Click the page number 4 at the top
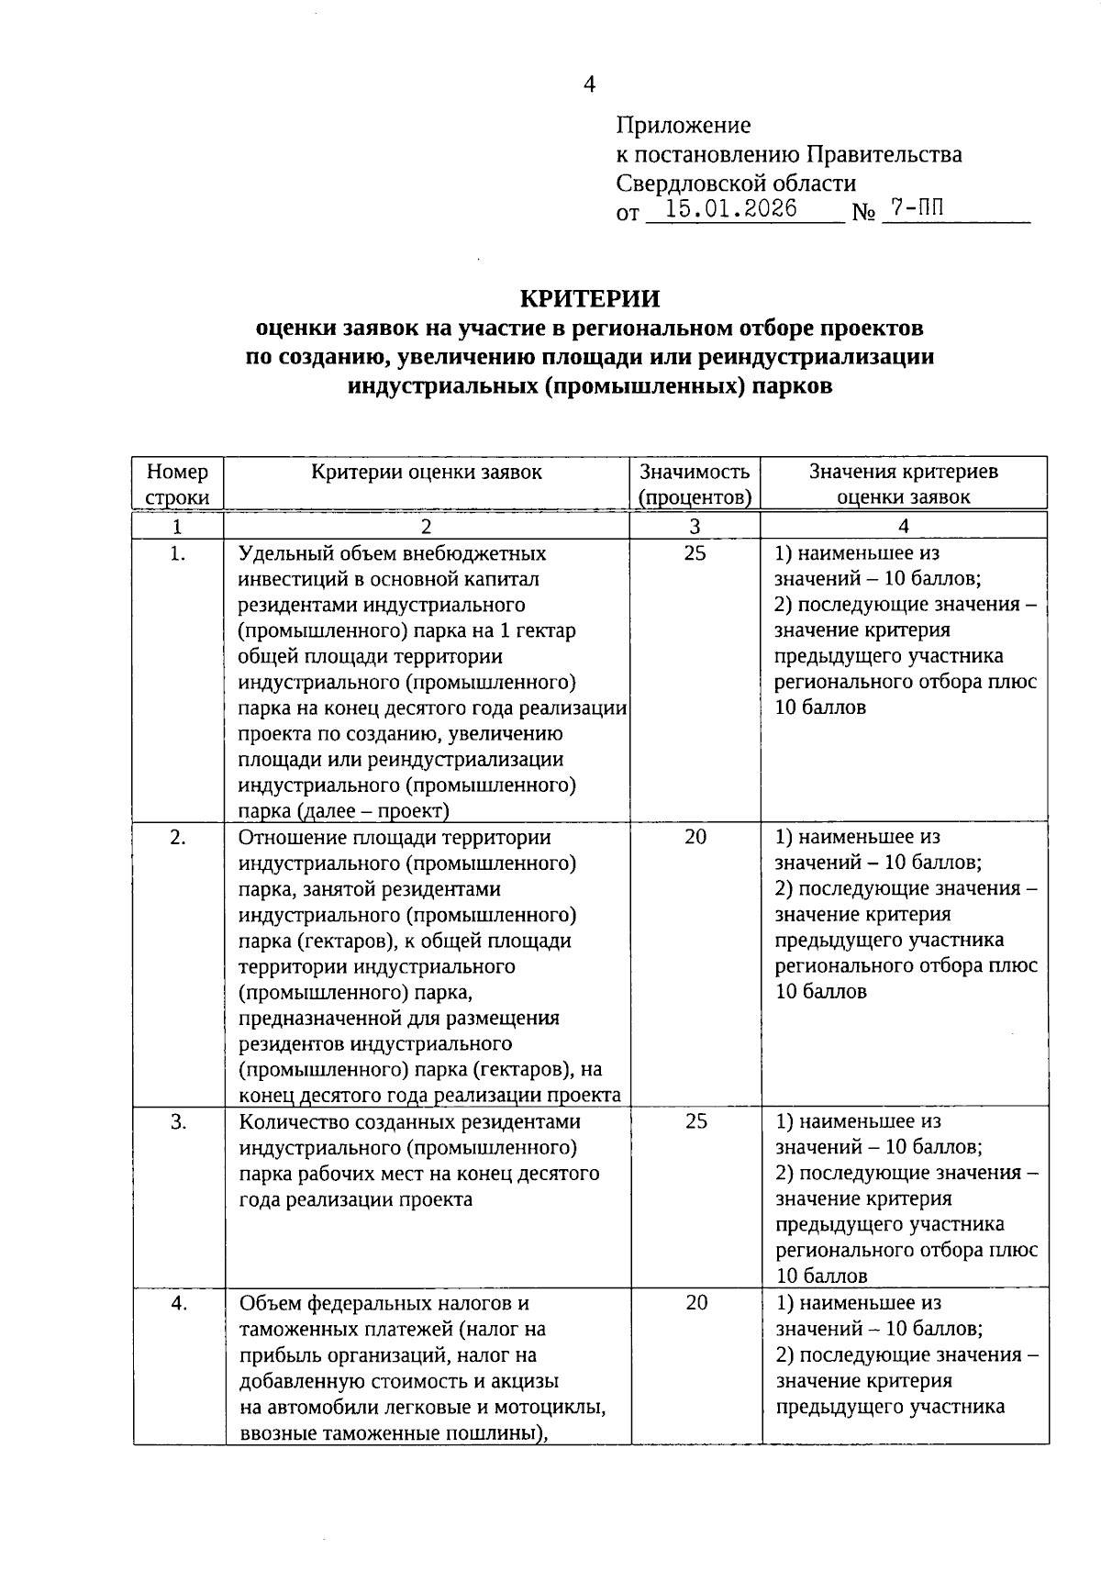pos(590,84)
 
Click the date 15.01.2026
pos(730,209)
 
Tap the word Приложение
pos(684,125)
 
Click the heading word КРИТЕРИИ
pos(590,299)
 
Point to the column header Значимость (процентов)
pos(695,485)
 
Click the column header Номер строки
pos(177,485)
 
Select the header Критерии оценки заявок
pos(427,472)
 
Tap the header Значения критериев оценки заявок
pos(904,485)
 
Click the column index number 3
pos(695,526)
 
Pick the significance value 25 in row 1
pos(695,553)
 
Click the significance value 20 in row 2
pos(695,837)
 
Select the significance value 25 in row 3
pos(695,1121)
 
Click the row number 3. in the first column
pos(178,1121)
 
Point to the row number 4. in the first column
pos(178,1303)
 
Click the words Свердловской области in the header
pos(736,184)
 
